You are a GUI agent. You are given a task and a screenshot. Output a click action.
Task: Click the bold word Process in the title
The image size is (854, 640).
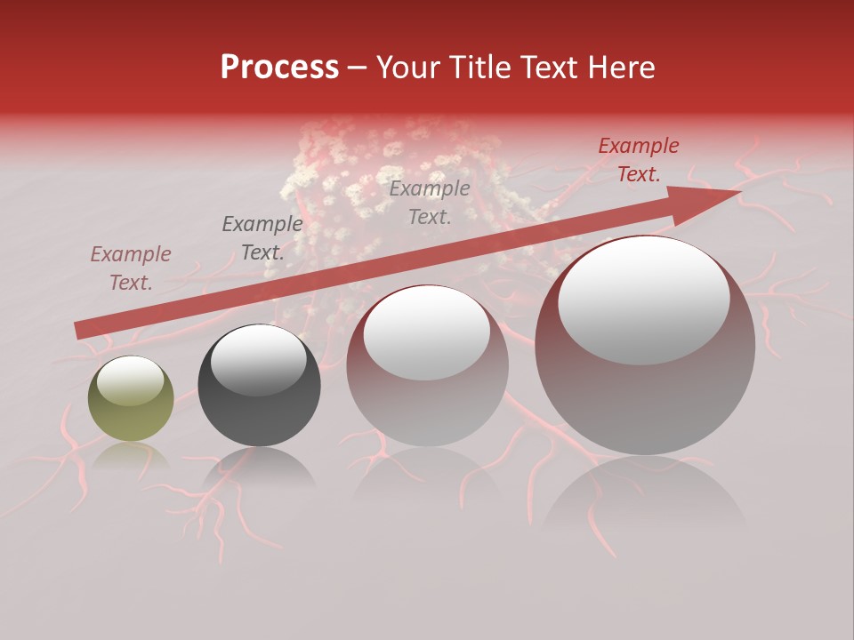click(x=279, y=68)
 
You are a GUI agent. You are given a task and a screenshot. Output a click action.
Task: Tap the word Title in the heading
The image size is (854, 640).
click(x=481, y=68)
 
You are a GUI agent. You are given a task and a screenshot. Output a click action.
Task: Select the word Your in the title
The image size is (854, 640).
click(x=408, y=68)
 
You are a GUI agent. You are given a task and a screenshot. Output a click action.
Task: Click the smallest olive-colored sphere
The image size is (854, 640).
click(x=131, y=399)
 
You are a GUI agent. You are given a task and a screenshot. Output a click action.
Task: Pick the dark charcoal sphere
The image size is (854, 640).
click(x=259, y=386)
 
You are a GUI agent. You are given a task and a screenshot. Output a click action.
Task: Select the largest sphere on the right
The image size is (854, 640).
click(x=645, y=346)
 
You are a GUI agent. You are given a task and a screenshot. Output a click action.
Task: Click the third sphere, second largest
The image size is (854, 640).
click(x=427, y=365)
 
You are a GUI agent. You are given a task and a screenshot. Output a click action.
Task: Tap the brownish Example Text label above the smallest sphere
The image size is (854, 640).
click(x=131, y=268)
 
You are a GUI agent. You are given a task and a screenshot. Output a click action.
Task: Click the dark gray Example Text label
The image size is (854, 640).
click(x=262, y=238)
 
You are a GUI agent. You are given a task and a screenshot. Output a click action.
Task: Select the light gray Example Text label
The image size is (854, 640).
click(x=430, y=202)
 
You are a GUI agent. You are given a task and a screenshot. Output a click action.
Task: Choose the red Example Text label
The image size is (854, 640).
click(x=639, y=160)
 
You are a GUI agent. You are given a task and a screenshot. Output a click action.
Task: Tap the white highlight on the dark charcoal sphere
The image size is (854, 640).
click(x=258, y=360)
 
